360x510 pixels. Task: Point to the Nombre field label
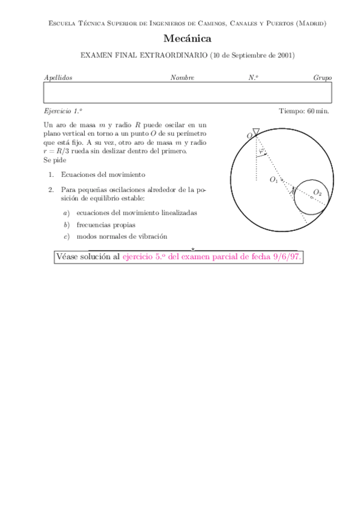click(x=182, y=78)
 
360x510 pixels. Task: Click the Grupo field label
click(x=322, y=78)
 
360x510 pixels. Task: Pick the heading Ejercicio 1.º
click(x=63, y=111)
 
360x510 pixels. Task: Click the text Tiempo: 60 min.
click(x=304, y=111)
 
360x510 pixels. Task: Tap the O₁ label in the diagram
click(x=274, y=180)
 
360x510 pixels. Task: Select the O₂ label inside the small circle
click(x=317, y=192)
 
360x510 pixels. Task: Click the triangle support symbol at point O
click(x=256, y=132)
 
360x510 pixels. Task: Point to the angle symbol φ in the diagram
click(x=261, y=151)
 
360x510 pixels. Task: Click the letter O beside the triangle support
click(x=249, y=137)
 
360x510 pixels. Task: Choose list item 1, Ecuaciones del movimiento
click(x=102, y=174)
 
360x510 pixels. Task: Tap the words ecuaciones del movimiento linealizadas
click(x=136, y=213)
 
